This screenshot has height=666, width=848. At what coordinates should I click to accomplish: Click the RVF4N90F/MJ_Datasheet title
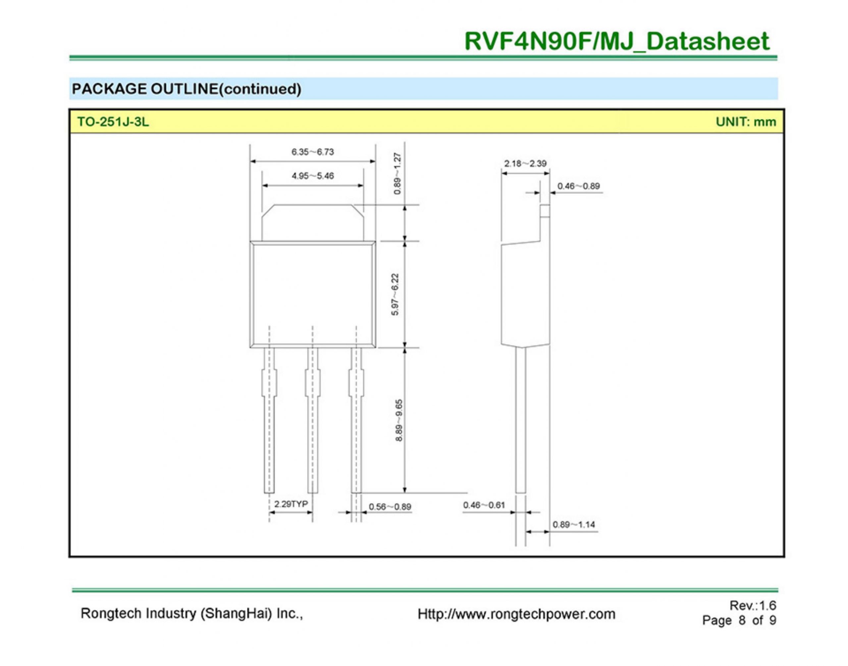pos(616,41)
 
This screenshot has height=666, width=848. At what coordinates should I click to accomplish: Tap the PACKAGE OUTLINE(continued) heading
pos(186,89)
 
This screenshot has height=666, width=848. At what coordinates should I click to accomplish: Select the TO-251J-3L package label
pos(113,122)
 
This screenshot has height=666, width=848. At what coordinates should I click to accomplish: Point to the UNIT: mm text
pos(746,122)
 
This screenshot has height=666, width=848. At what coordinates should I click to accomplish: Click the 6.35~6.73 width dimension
pos(313,152)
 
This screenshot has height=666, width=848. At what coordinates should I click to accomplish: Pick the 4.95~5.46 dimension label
pos(313,176)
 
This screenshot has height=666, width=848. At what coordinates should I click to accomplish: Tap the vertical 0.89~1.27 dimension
pos(397,174)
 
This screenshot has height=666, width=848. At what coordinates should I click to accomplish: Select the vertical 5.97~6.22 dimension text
pos(395,294)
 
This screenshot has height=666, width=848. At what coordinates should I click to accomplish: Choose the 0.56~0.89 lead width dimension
pos(390,507)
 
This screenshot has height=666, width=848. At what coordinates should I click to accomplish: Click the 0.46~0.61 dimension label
pos(484,505)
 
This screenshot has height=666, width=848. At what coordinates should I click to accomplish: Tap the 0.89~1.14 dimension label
pos(574,524)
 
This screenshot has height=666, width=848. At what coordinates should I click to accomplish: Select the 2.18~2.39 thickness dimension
pos(525,163)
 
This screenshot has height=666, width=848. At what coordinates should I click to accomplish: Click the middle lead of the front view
pos(313,421)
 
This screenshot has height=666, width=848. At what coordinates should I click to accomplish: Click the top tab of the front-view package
pos(313,222)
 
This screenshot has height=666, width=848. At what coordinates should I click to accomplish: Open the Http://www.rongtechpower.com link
pos(516,614)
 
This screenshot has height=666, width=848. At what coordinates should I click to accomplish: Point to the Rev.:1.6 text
pos(753,606)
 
